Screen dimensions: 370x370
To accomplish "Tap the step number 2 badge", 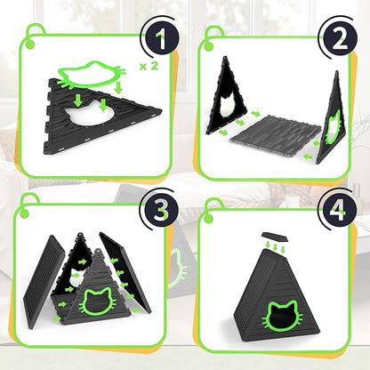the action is point(340,39).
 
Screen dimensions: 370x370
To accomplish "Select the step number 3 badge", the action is point(161,210).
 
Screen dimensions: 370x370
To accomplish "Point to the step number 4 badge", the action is point(339,209).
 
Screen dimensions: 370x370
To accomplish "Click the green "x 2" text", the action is point(149,67).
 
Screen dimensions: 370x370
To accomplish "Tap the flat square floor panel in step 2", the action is point(277,134).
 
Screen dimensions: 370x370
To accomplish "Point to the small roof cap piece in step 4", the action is point(275,237).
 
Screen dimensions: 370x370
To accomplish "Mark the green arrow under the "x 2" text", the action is point(118,87).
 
